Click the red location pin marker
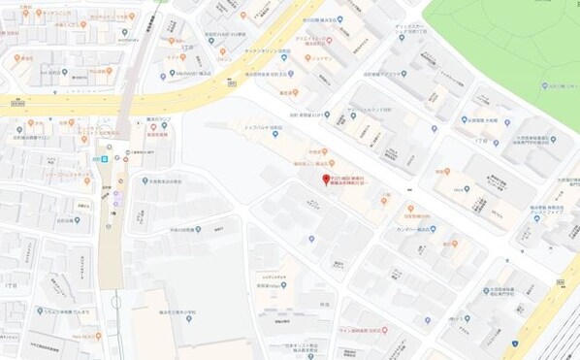click(326, 180)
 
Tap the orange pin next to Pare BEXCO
click(98, 335)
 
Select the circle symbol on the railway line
click(110, 147)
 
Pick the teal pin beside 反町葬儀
click(327, 115)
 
